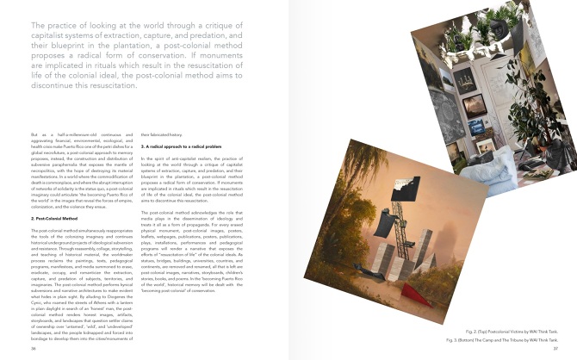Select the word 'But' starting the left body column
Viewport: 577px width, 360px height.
pos(34,135)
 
